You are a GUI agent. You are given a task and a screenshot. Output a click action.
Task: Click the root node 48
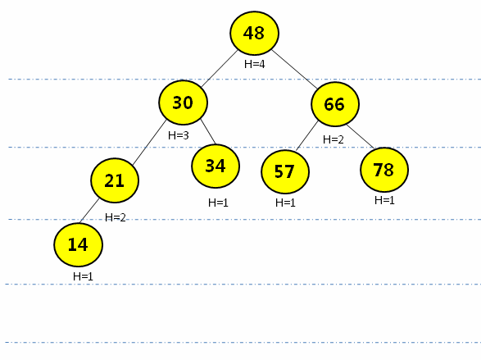coord(254,33)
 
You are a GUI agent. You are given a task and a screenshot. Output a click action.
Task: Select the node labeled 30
coord(183,103)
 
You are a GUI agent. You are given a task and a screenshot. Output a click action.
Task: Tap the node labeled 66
coord(335,104)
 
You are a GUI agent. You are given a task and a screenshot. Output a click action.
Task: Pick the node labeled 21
coord(115,180)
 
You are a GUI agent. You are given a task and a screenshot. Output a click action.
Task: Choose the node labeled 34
coord(216,166)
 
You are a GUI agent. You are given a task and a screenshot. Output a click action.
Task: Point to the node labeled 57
coord(285,171)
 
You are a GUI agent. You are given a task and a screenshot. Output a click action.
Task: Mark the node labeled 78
coord(384,170)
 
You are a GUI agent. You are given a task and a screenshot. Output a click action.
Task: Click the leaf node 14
coord(78,245)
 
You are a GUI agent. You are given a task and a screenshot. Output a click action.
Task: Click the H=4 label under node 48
coord(254,64)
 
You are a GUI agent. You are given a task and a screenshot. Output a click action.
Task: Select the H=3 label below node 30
coord(179,135)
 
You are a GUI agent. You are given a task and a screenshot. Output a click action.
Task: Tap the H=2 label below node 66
coord(334,139)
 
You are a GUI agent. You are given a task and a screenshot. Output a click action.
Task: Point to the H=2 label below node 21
coord(116,217)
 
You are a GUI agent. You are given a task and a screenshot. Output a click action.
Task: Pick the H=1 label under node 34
coord(218,203)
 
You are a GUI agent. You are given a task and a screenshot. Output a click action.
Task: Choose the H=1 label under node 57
coord(285,203)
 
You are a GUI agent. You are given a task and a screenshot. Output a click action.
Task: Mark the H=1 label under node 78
coord(384,200)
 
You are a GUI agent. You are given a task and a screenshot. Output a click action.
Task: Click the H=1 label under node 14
coord(83,276)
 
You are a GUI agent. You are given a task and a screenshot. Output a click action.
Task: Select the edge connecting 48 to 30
coord(220,68)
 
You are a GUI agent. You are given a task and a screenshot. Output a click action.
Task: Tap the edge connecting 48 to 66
coord(294,70)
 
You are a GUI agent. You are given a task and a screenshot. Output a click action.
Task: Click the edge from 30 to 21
coord(150,142)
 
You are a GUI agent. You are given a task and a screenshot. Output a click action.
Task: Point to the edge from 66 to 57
coord(307,135)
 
